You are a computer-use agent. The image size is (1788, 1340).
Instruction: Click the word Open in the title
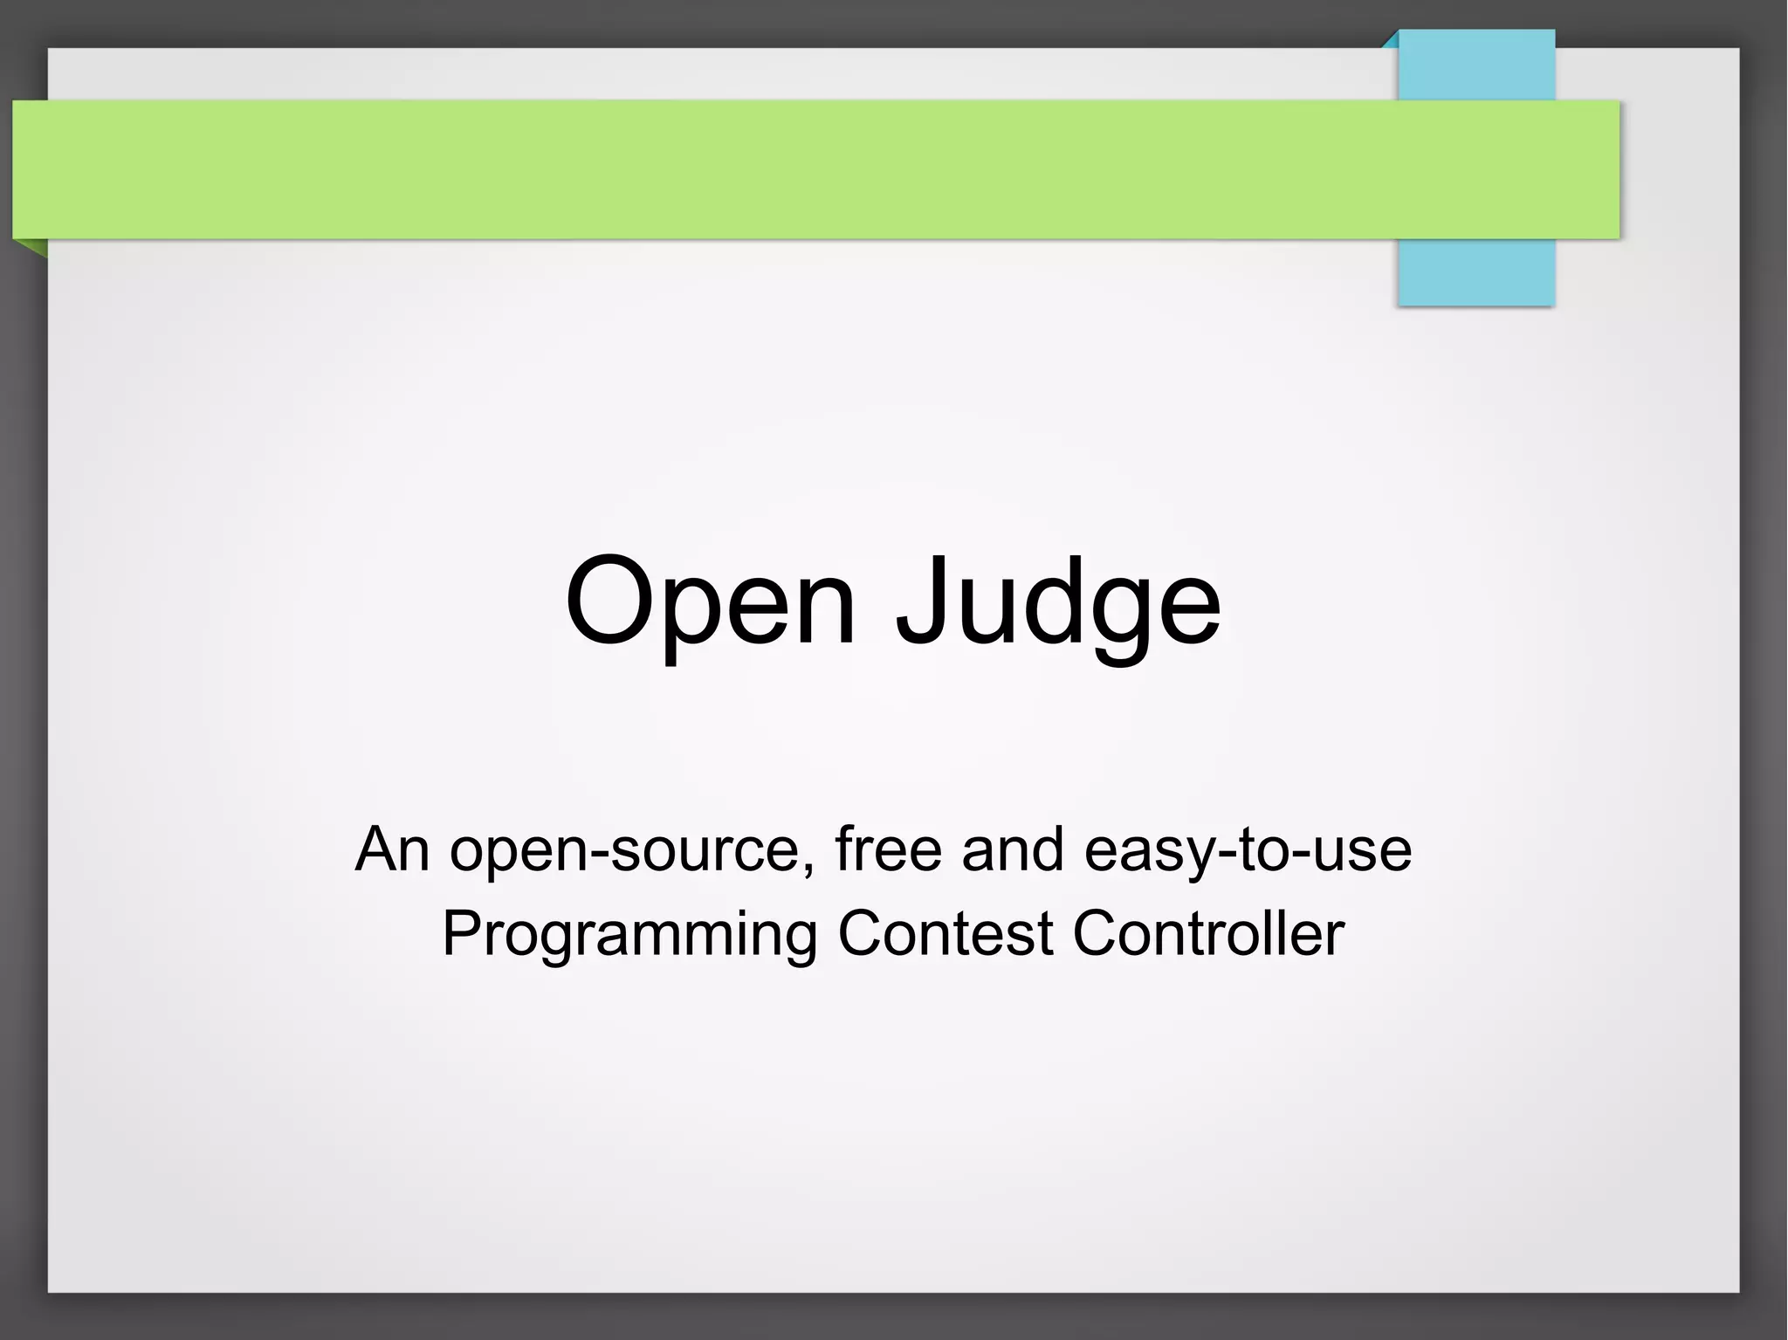(x=709, y=602)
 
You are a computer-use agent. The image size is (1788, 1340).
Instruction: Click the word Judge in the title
(x=1058, y=602)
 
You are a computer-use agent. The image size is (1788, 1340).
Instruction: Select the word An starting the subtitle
(x=392, y=849)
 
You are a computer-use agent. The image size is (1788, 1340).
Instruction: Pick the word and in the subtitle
(x=1013, y=849)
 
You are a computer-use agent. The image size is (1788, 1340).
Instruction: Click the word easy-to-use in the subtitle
(x=1248, y=850)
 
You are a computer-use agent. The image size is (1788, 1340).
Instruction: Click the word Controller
(x=1208, y=933)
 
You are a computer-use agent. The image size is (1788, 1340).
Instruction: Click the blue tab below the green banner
(x=1475, y=272)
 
